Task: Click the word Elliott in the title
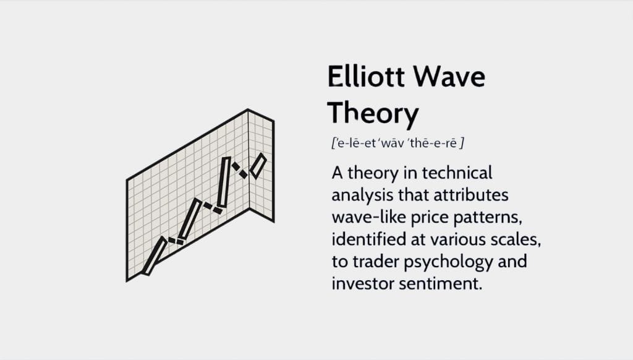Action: point(366,76)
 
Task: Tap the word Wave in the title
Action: point(449,76)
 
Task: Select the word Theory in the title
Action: point(373,114)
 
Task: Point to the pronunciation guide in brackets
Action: point(397,143)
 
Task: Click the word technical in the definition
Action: point(457,173)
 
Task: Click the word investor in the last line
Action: point(362,283)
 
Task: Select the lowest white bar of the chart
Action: point(154,256)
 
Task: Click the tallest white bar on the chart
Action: point(224,182)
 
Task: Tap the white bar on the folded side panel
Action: point(258,166)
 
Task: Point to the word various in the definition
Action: point(458,240)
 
